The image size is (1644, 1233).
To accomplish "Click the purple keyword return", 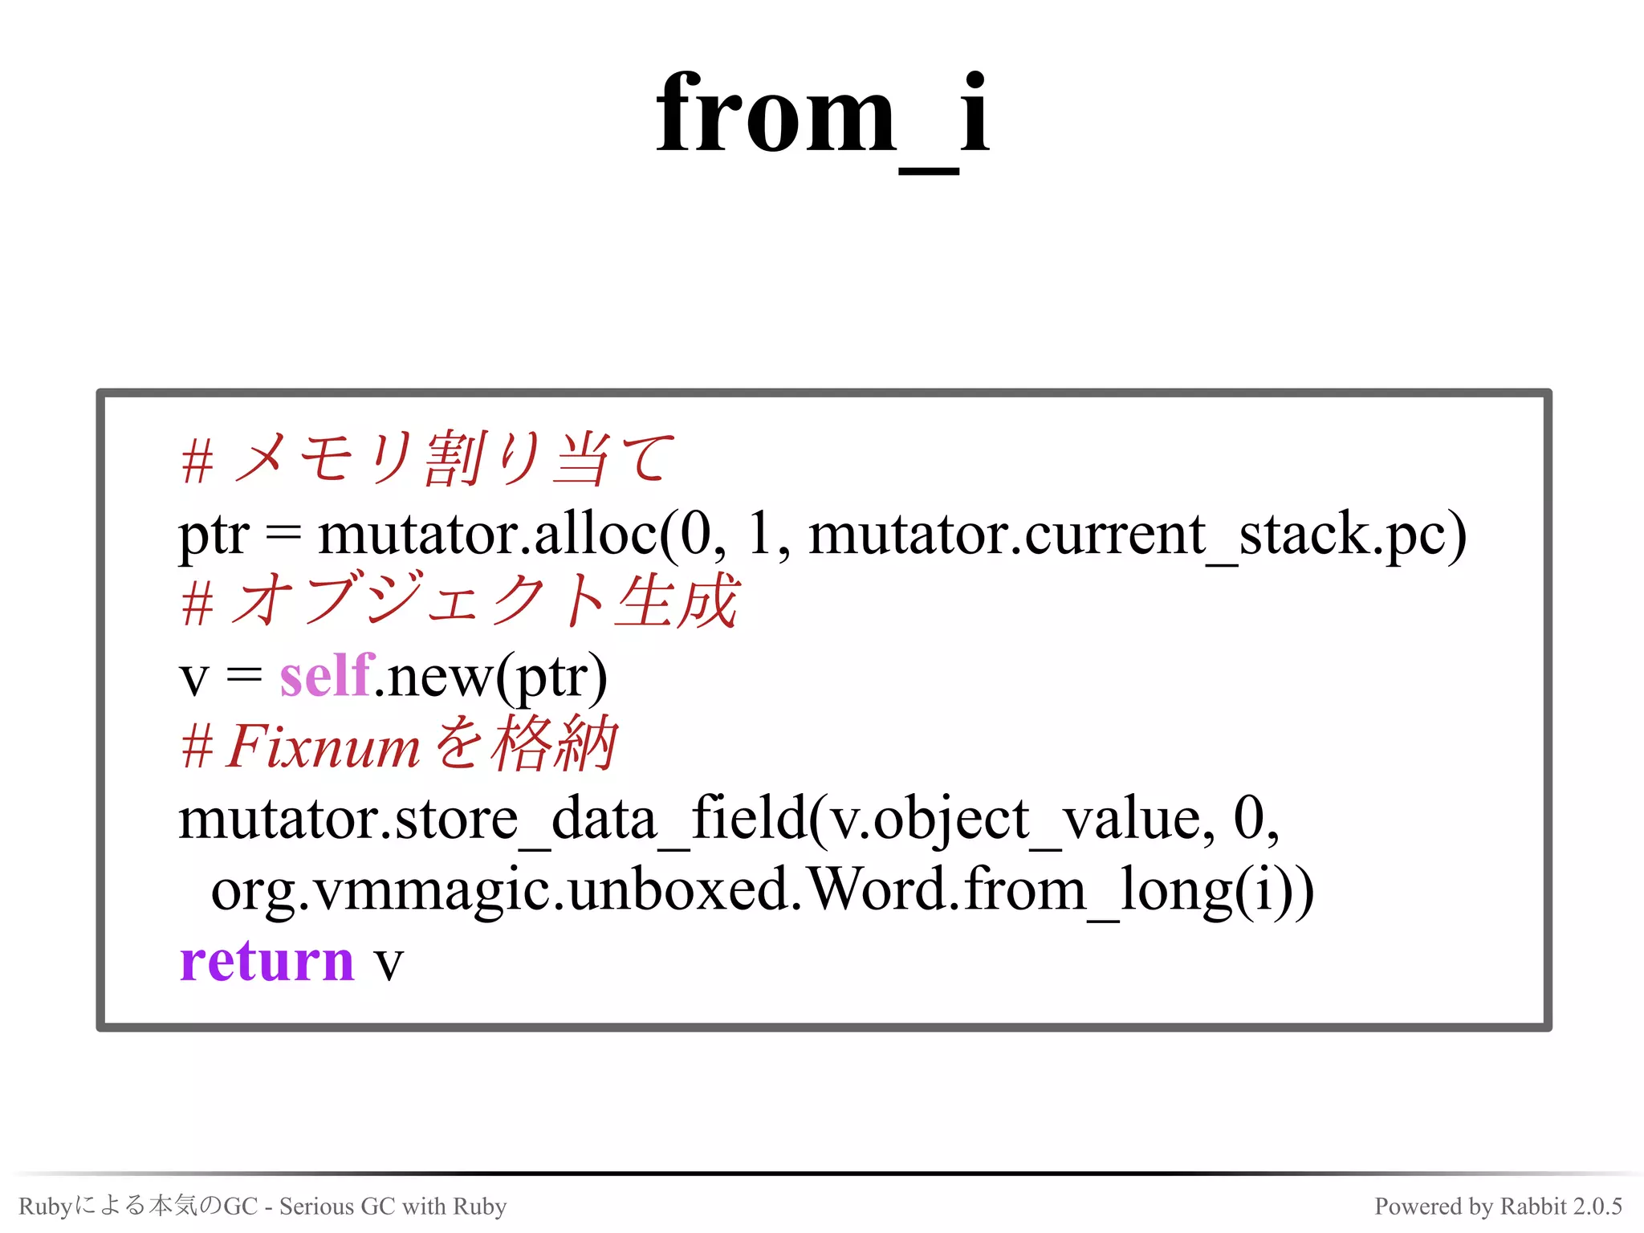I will (267, 961).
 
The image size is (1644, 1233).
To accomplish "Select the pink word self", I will (326, 676).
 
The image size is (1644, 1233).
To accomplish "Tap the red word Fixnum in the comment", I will (323, 747).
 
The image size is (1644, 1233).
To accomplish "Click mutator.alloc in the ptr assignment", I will (486, 534).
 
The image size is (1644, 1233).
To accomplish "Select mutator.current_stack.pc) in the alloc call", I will (1137, 534).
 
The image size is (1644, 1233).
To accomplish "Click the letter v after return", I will (389, 962).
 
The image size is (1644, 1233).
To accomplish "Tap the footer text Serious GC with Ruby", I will (393, 1206).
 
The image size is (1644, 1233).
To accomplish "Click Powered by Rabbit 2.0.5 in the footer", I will (1498, 1206).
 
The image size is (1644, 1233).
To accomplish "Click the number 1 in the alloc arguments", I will (758, 534).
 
